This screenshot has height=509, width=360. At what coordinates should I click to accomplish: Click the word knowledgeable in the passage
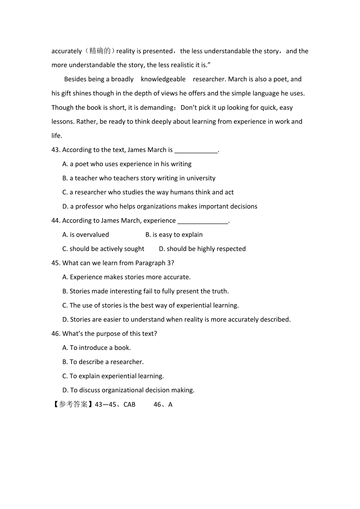point(163,79)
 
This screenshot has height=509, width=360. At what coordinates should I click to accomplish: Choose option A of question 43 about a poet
point(127,164)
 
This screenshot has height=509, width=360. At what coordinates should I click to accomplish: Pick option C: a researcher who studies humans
point(148,192)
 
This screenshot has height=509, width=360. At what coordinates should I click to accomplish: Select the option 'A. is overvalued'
point(86,235)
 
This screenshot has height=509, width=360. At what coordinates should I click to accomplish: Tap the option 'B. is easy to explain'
point(174,235)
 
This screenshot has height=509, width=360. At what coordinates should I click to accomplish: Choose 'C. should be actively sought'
point(103,249)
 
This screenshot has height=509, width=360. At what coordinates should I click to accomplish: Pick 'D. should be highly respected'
point(202,249)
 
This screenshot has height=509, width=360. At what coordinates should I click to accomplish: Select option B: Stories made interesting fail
point(145,291)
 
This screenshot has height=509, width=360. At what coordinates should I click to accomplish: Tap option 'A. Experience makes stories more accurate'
point(126,277)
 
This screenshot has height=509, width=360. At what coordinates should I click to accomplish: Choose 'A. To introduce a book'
point(97,348)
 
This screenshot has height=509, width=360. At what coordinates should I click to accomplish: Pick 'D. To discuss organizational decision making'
point(128,390)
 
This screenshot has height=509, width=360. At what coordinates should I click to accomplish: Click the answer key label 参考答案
point(73,405)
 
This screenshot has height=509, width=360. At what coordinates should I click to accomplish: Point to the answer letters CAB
point(130,405)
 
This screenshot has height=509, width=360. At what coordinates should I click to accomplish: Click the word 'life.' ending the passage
point(57,136)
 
